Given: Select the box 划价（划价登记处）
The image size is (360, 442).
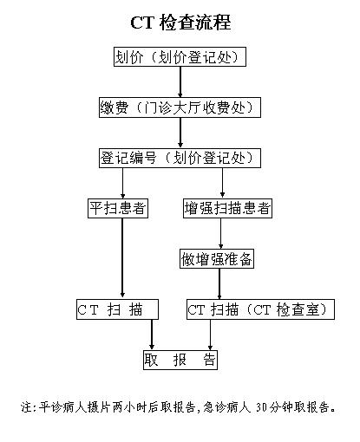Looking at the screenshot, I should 180,57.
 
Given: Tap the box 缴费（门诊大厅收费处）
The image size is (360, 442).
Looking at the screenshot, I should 180,107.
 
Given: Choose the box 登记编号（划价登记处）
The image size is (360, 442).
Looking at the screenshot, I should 180,158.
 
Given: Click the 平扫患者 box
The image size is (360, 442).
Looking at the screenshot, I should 118,209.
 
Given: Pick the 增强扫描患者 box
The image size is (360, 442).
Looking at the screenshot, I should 227,209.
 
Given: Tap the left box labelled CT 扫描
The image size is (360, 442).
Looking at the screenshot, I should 116,309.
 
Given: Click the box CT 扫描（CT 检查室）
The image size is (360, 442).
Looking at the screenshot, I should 260,309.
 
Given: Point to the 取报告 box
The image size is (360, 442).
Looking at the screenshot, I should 180,360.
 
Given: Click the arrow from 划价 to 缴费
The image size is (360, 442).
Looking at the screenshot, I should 180,82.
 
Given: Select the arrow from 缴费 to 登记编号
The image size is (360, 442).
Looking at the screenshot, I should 180,133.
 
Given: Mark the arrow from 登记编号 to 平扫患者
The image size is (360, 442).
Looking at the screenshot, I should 122,184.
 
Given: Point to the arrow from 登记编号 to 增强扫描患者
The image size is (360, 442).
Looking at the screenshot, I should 223,184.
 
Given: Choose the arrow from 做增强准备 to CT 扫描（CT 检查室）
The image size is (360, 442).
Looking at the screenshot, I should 219,284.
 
